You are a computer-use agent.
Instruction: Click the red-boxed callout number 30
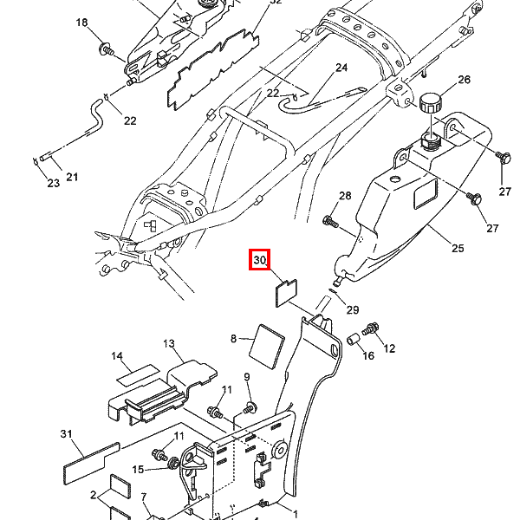260,259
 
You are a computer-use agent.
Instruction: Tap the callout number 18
82,23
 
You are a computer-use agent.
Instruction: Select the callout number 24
341,68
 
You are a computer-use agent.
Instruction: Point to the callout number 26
464,80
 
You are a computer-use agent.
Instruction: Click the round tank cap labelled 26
431,103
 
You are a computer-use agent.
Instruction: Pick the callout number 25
458,248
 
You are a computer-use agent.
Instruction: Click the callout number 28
345,196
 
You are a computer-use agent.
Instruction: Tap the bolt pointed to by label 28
331,222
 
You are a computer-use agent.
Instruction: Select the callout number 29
353,309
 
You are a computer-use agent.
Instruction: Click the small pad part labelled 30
287,293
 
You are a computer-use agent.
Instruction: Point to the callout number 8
233,339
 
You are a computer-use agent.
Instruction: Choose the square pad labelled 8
267,347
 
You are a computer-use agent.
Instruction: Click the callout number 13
169,343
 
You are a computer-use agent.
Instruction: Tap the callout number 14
117,356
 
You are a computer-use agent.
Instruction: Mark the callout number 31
67,434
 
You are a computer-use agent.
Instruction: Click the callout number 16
368,356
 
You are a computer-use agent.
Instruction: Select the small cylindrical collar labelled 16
354,340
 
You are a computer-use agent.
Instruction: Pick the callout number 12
389,348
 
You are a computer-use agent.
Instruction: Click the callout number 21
72,177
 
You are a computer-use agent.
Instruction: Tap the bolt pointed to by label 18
107,49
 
